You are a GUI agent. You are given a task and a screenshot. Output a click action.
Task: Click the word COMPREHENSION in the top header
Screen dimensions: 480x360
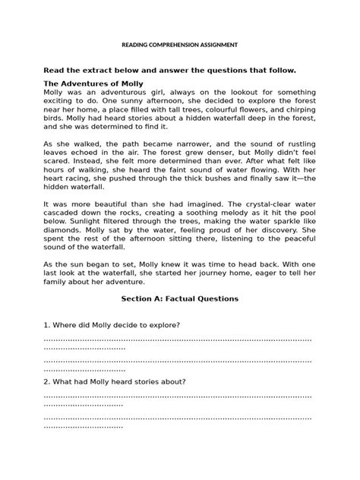pyautogui.click(x=177, y=46)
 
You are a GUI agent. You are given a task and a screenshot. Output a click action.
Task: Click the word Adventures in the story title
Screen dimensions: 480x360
pyautogui.click(x=90, y=83)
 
